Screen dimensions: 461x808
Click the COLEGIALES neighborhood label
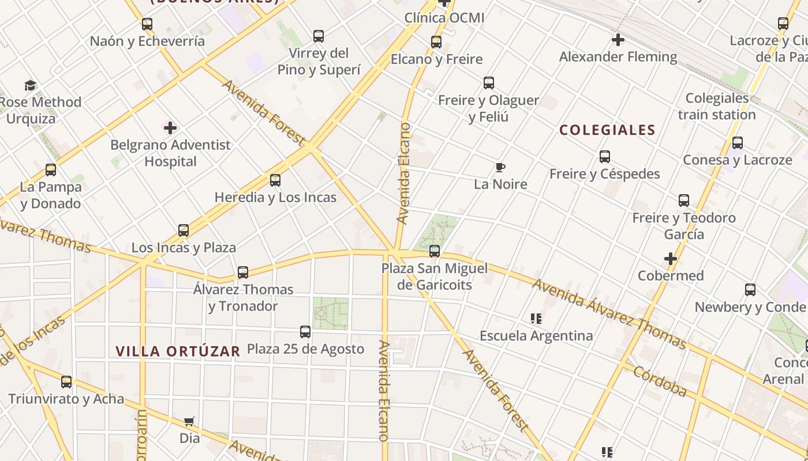point(607,130)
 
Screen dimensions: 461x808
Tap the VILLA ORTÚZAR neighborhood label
point(178,352)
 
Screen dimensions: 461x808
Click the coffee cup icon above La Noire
point(500,168)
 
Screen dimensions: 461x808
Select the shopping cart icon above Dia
point(189,422)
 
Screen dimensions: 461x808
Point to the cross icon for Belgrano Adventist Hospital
point(170,127)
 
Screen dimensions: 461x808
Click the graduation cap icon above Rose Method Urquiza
point(31,86)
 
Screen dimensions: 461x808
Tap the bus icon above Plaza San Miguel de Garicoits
point(435,251)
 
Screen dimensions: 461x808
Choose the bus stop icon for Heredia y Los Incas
point(275,180)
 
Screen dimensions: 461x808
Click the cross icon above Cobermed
point(670,259)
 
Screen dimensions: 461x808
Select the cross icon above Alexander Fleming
point(618,40)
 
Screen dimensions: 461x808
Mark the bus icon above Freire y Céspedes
point(604,157)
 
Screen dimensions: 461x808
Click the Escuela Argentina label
point(536,335)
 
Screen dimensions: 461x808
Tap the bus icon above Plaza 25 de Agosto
point(305,332)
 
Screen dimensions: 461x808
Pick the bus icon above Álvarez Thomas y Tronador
point(243,272)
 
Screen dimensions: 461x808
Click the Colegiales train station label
point(717,107)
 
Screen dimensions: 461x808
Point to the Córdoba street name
point(660,381)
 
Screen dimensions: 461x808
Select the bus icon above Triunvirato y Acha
point(66,381)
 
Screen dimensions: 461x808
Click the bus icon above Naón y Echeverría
point(147,24)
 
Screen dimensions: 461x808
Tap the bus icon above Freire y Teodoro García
point(684,201)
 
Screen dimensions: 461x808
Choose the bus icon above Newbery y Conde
point(750,290)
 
